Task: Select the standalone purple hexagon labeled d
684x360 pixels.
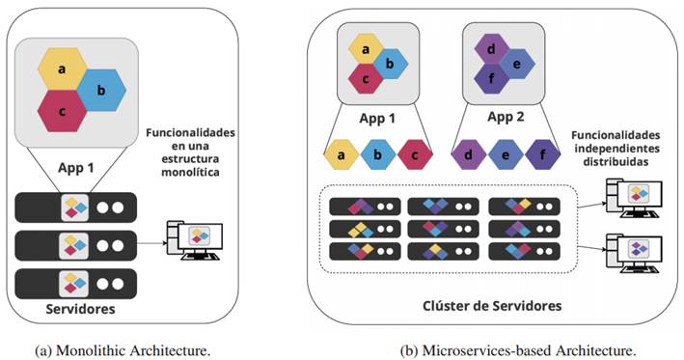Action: coord(469,152)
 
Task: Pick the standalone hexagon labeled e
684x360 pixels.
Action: coord(506,152)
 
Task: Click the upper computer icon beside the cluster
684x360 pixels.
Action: coord(628,196)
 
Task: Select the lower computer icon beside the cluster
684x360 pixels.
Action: coord(628,250)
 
